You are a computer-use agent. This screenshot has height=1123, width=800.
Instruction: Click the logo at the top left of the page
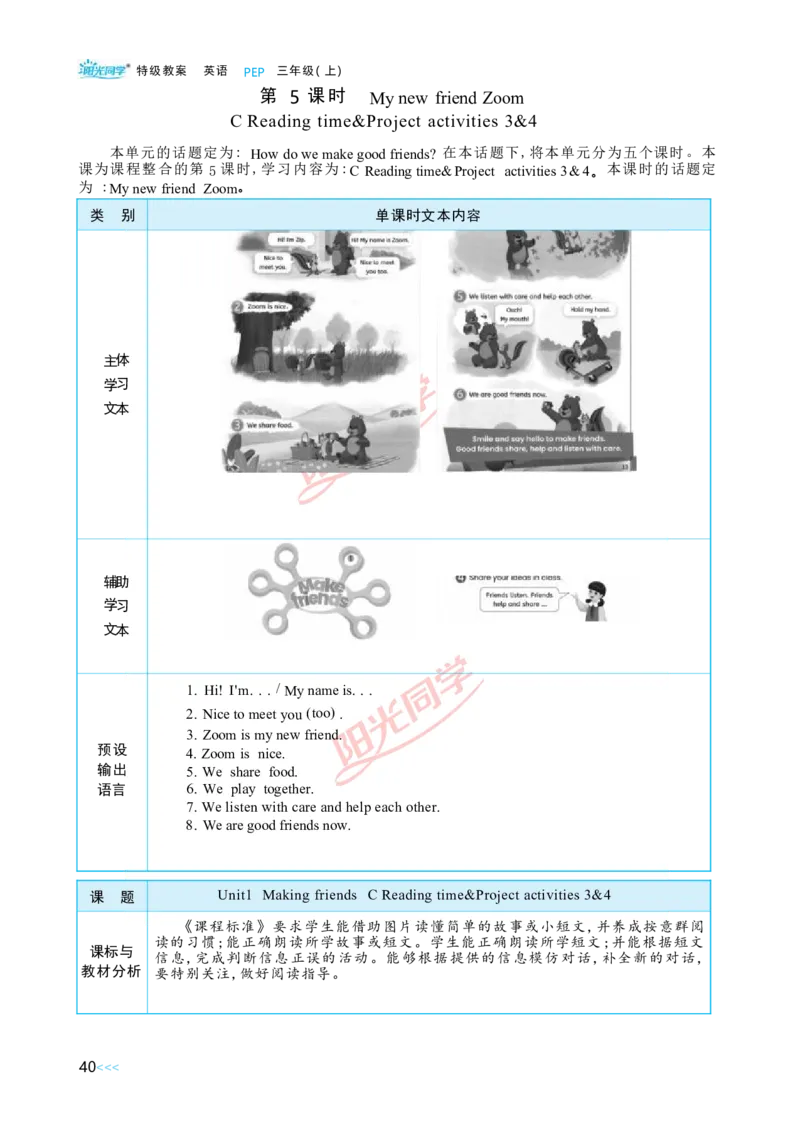104,69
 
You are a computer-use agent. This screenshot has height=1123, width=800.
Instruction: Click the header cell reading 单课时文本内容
428,215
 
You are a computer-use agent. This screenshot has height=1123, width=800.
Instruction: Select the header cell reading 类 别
112,215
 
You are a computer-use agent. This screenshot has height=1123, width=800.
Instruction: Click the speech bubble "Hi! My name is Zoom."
379,240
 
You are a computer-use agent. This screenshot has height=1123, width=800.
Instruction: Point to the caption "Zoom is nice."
265,306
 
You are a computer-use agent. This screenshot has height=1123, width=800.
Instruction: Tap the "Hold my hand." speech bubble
590,310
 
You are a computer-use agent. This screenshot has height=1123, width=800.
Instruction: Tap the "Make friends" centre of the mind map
319,592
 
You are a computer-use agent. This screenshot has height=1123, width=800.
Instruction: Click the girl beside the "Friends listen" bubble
597,600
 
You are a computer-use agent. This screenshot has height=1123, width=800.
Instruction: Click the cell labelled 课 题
112,897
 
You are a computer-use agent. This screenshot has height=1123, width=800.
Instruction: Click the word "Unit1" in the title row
238,895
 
